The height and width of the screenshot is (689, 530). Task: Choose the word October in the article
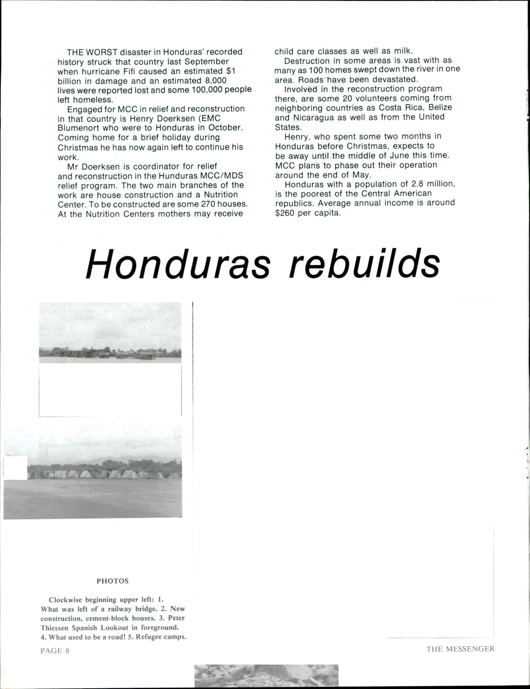point(225,128)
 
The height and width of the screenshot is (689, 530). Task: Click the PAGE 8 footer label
point(55,650)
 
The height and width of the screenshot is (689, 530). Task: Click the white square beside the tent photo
point(16,468)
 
